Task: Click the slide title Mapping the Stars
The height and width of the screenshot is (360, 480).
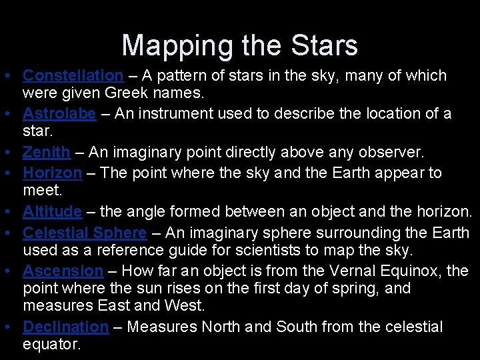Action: [240, 45]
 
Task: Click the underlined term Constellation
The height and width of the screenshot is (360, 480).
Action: [73, 75]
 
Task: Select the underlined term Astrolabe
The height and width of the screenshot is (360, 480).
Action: [59, 114]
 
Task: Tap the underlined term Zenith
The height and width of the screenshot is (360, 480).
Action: [46, 152]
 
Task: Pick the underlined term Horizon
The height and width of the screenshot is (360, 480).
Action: [52, 173]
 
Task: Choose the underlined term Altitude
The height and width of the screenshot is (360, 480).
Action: [52, 212]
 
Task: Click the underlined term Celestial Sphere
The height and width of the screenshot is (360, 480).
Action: [85, 233]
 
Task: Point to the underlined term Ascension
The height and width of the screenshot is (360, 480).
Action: [63, 271]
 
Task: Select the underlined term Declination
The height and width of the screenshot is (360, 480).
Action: [65, 327]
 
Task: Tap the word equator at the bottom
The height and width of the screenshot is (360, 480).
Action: [51, 345]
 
